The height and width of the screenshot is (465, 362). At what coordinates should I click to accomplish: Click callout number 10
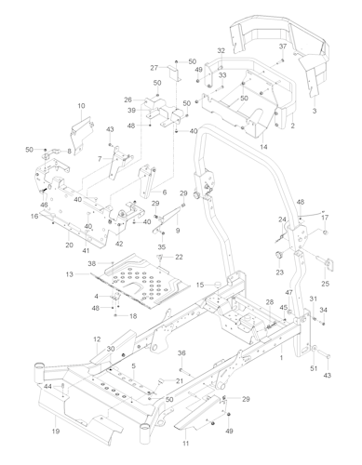pos(82,107)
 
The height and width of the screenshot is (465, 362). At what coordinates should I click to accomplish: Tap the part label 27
pos(154,68)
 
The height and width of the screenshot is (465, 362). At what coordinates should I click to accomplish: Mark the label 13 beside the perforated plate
pos(69,274)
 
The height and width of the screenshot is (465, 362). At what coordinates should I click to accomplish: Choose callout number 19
pos(56,432)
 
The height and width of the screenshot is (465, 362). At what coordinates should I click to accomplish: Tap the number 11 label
pos(185,433)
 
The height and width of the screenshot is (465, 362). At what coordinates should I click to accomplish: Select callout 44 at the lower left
pos(47,386)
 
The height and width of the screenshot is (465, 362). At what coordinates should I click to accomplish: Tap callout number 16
pos(34,216)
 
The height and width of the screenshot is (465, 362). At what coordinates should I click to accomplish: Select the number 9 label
pos(177,230)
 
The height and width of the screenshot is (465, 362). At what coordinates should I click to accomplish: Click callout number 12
pos(97,341)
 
